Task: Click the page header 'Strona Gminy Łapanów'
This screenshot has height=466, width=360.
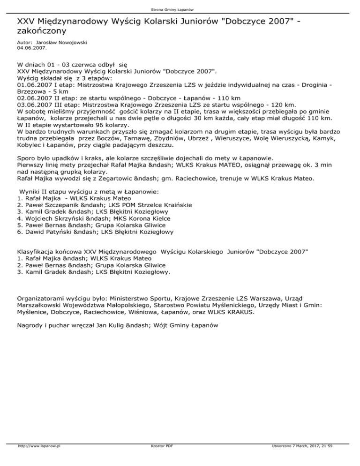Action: tap(180, 9)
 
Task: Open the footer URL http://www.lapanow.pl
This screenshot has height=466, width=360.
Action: tap(40, 460)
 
